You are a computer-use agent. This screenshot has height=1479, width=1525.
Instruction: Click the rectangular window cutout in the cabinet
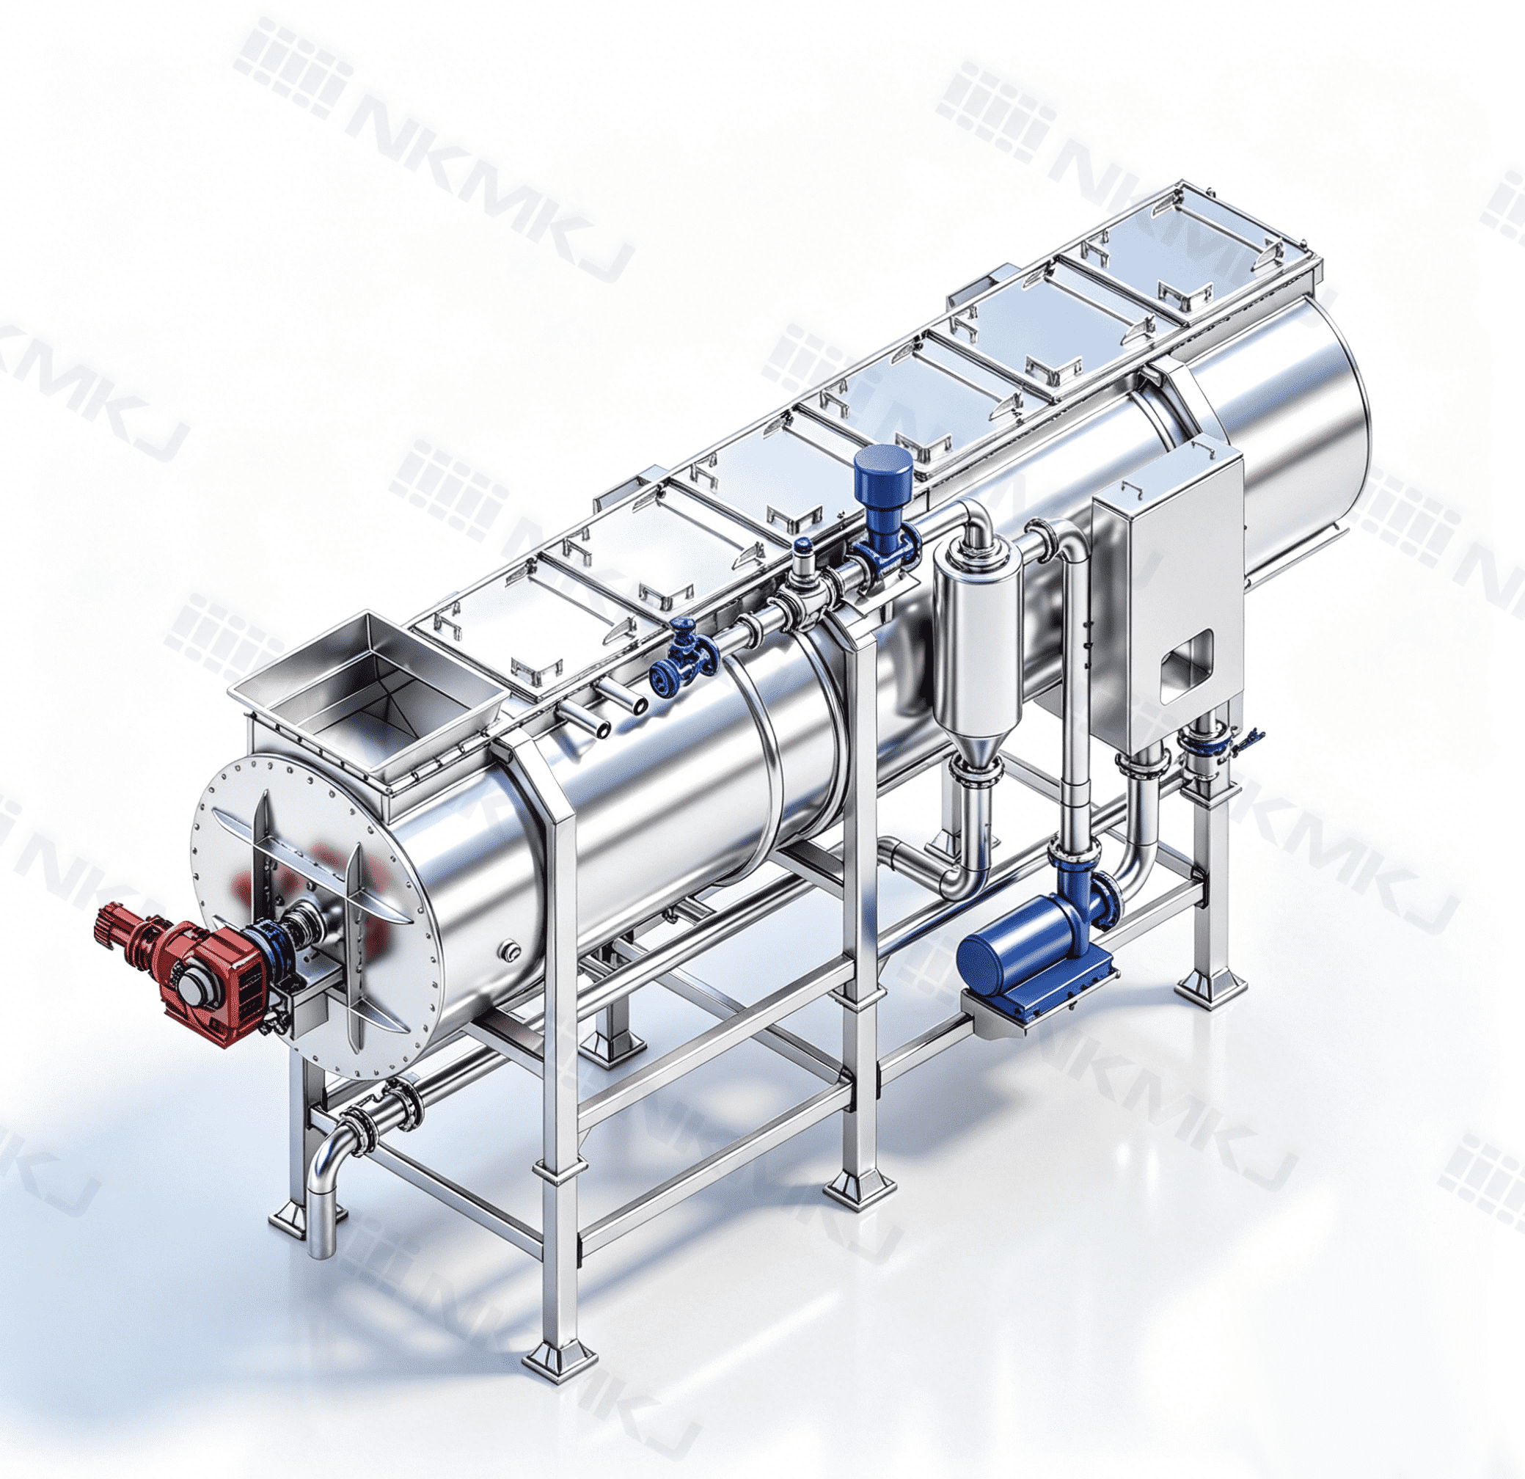pyautogui.click(x=1188, y=667)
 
